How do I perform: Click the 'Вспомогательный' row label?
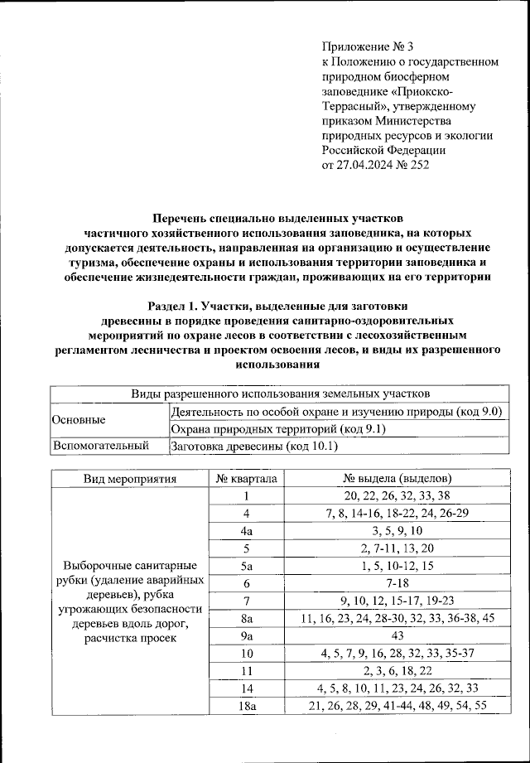pos(100,447)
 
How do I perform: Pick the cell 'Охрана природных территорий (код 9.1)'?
pos(277,428)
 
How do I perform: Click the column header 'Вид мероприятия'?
pos(129,479)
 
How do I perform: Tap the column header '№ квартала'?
pos(246,479)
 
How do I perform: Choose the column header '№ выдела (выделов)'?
pos(397,479)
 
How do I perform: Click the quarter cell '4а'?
pos(246,531)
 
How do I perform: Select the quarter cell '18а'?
pos(246,705)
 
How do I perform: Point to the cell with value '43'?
pos(397,635)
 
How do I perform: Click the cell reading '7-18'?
pos(397,583)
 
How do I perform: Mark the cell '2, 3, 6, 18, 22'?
pos(397,670)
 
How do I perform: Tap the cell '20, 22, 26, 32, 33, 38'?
pos(397,496)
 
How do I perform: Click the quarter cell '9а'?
pos(246,635)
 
